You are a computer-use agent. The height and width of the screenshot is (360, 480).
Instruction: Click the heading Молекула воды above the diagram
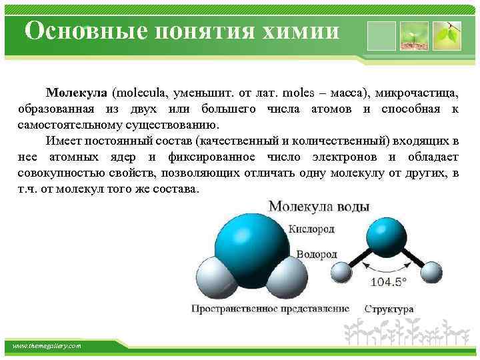[319, 207]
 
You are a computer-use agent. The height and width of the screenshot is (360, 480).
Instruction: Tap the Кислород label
[311, 229]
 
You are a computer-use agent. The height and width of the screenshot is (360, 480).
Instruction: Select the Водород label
[316, 255]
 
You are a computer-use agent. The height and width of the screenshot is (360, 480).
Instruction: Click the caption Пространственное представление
[270, 309]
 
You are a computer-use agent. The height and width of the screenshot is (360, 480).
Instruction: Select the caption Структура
[389, 309]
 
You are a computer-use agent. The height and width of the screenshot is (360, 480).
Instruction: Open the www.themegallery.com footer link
[47, 346]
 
